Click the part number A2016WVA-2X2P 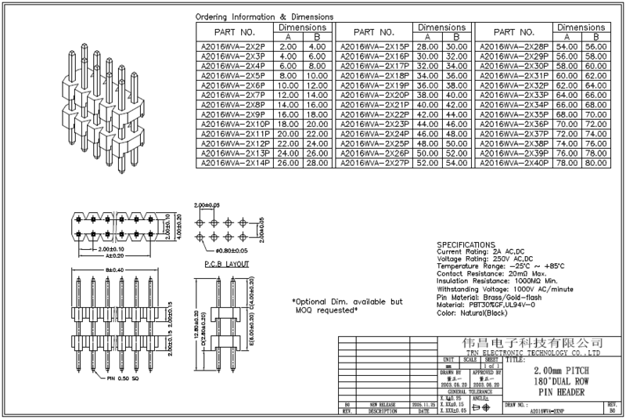234,47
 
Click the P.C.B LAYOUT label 225,265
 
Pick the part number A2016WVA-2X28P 514,47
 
